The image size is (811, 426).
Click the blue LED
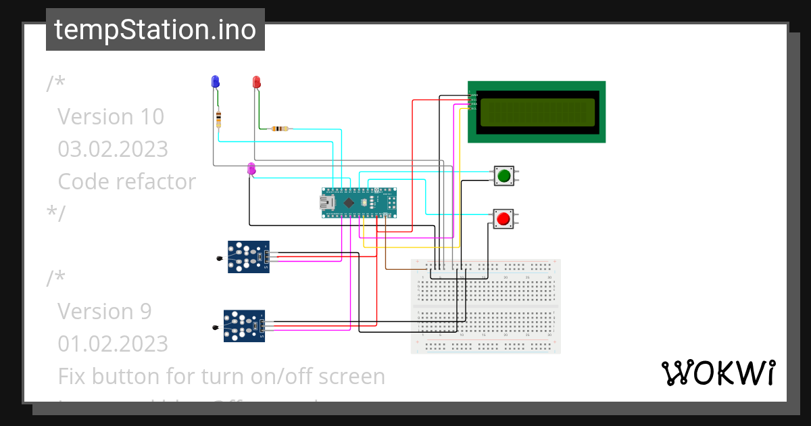216,82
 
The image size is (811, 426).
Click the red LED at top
256,82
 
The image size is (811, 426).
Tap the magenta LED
251,168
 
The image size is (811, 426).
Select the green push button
503,176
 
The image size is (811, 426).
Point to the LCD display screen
537,112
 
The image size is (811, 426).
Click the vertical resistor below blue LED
218,120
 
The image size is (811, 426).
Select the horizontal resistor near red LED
279,128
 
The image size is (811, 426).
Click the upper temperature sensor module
249,256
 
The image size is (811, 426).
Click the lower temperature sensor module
245,327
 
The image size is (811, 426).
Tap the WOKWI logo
718,373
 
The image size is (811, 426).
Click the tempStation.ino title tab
155,30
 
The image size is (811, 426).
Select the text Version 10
111,117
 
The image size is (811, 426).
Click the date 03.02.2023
113,149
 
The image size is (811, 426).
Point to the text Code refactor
127,181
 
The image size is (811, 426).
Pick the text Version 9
105,311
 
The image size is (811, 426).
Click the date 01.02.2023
113,344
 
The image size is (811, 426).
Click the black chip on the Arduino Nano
348,202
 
